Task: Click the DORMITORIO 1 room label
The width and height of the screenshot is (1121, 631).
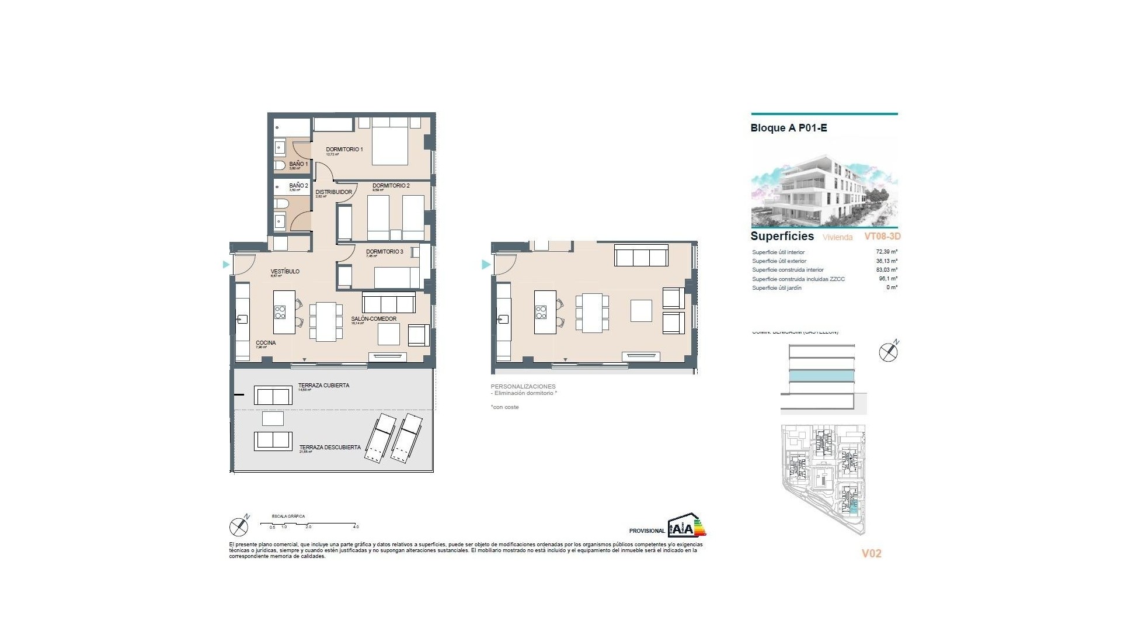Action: pos(344,150)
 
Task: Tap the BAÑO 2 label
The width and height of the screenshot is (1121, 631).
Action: pos(298,186)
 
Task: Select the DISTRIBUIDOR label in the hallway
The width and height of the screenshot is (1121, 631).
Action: pos(333,192)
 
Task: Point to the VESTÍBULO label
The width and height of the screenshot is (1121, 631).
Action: pos(285,272)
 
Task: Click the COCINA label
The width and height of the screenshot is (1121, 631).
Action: pos(266,343)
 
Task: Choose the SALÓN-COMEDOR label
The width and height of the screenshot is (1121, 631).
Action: pos(374,319)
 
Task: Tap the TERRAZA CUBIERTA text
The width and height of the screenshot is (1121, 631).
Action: pos(323,386)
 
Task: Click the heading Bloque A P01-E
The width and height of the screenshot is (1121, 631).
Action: pos(788,128)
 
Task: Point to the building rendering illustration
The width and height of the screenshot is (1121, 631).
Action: pos(824,183)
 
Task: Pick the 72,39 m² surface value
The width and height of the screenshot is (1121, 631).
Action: pos(886,252)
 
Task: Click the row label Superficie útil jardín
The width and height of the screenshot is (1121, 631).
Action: pos(777,288)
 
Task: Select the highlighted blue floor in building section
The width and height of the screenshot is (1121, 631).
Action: pos(821,376)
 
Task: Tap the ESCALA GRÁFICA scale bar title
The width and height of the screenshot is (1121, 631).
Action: pos(288,516)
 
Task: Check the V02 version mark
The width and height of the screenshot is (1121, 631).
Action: pos(871,553)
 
